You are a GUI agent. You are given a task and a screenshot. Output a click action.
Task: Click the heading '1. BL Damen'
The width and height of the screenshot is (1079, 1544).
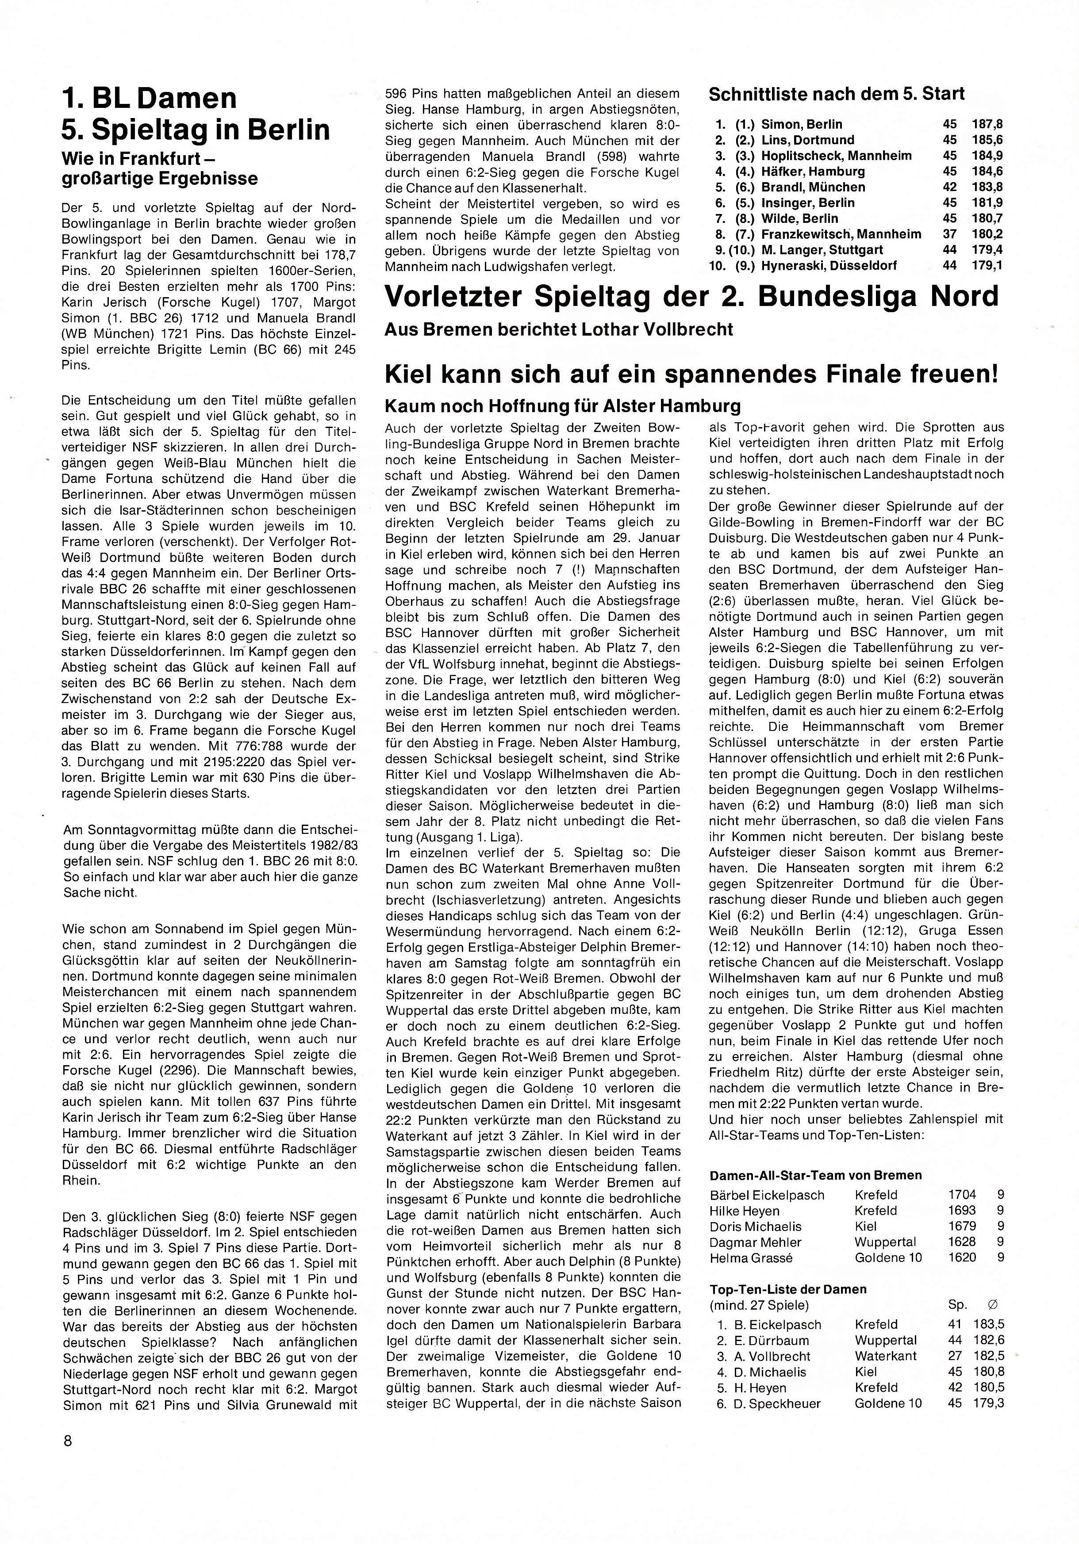point(149,98)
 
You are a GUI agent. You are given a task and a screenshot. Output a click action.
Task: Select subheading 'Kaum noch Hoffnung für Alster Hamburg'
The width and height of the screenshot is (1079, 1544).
point(562,406)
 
